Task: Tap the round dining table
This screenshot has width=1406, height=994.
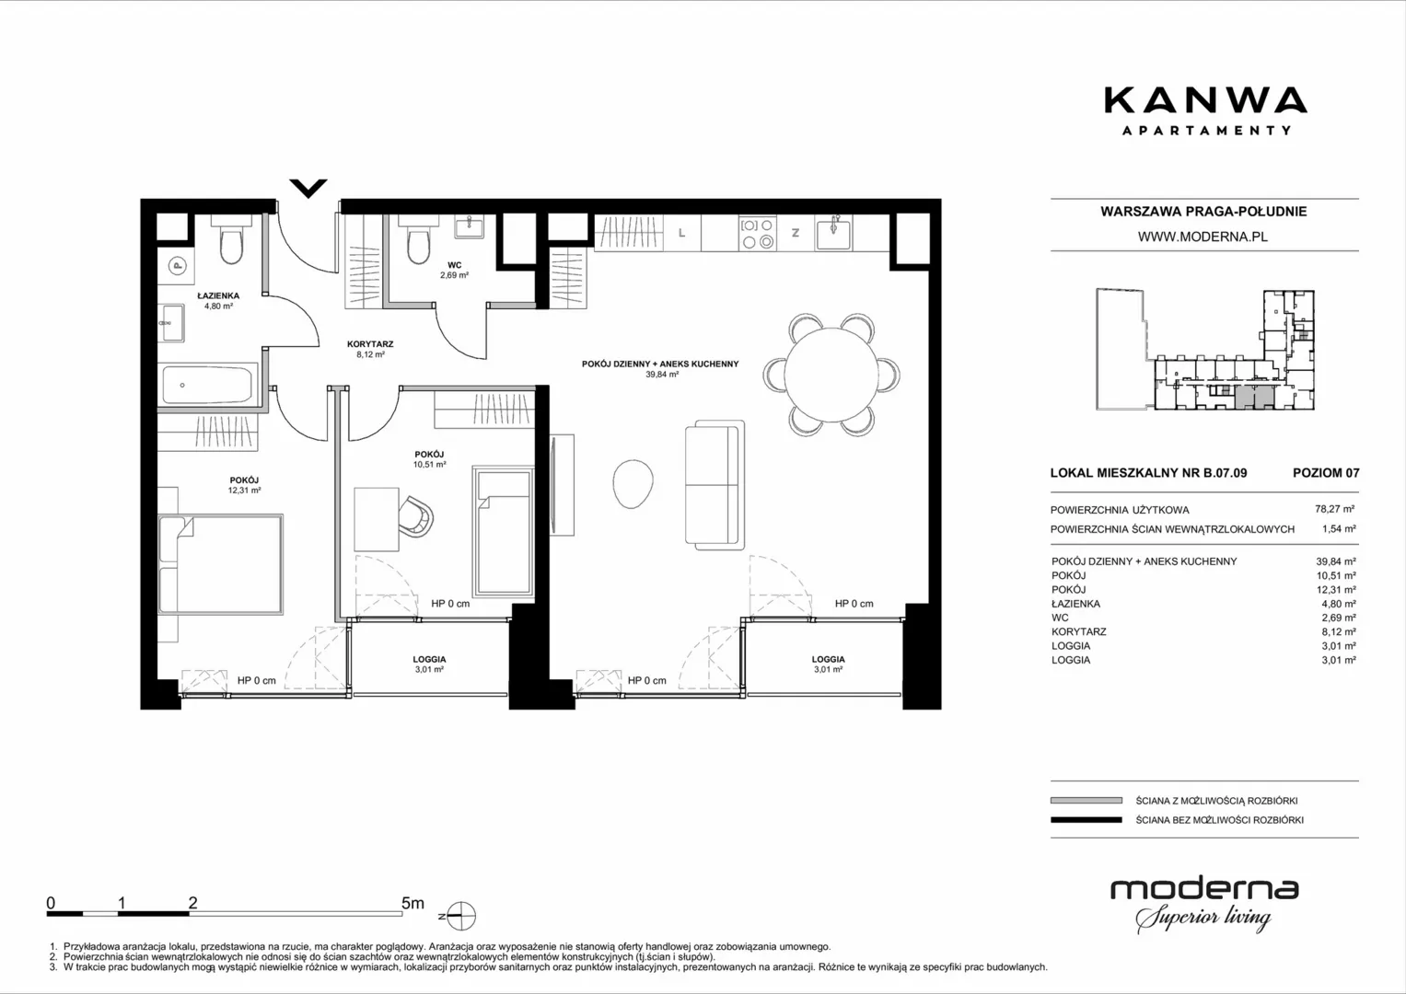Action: (831, 375)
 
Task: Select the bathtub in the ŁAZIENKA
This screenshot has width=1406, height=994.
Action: (207, 384)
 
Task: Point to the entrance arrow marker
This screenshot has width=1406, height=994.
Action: (308, 188)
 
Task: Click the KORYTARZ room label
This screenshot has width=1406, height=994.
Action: (370, 344)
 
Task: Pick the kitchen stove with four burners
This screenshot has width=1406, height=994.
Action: (758, 234)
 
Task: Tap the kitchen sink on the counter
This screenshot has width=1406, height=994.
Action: (833, 233)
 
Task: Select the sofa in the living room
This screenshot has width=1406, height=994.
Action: (715, 484)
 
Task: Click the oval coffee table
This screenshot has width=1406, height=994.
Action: (633, 483)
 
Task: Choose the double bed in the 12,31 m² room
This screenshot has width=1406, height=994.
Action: (220, 564)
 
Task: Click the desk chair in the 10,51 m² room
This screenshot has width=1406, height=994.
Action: (416, 516)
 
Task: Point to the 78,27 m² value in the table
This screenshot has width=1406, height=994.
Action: (1335, 509)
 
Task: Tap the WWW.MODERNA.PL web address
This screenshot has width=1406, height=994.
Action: (1203, 237)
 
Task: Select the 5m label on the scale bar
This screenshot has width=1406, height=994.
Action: (413, 903)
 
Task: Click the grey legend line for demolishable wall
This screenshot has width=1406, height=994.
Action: (1086, 800)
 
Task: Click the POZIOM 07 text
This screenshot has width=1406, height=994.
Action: (1326, 472)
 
